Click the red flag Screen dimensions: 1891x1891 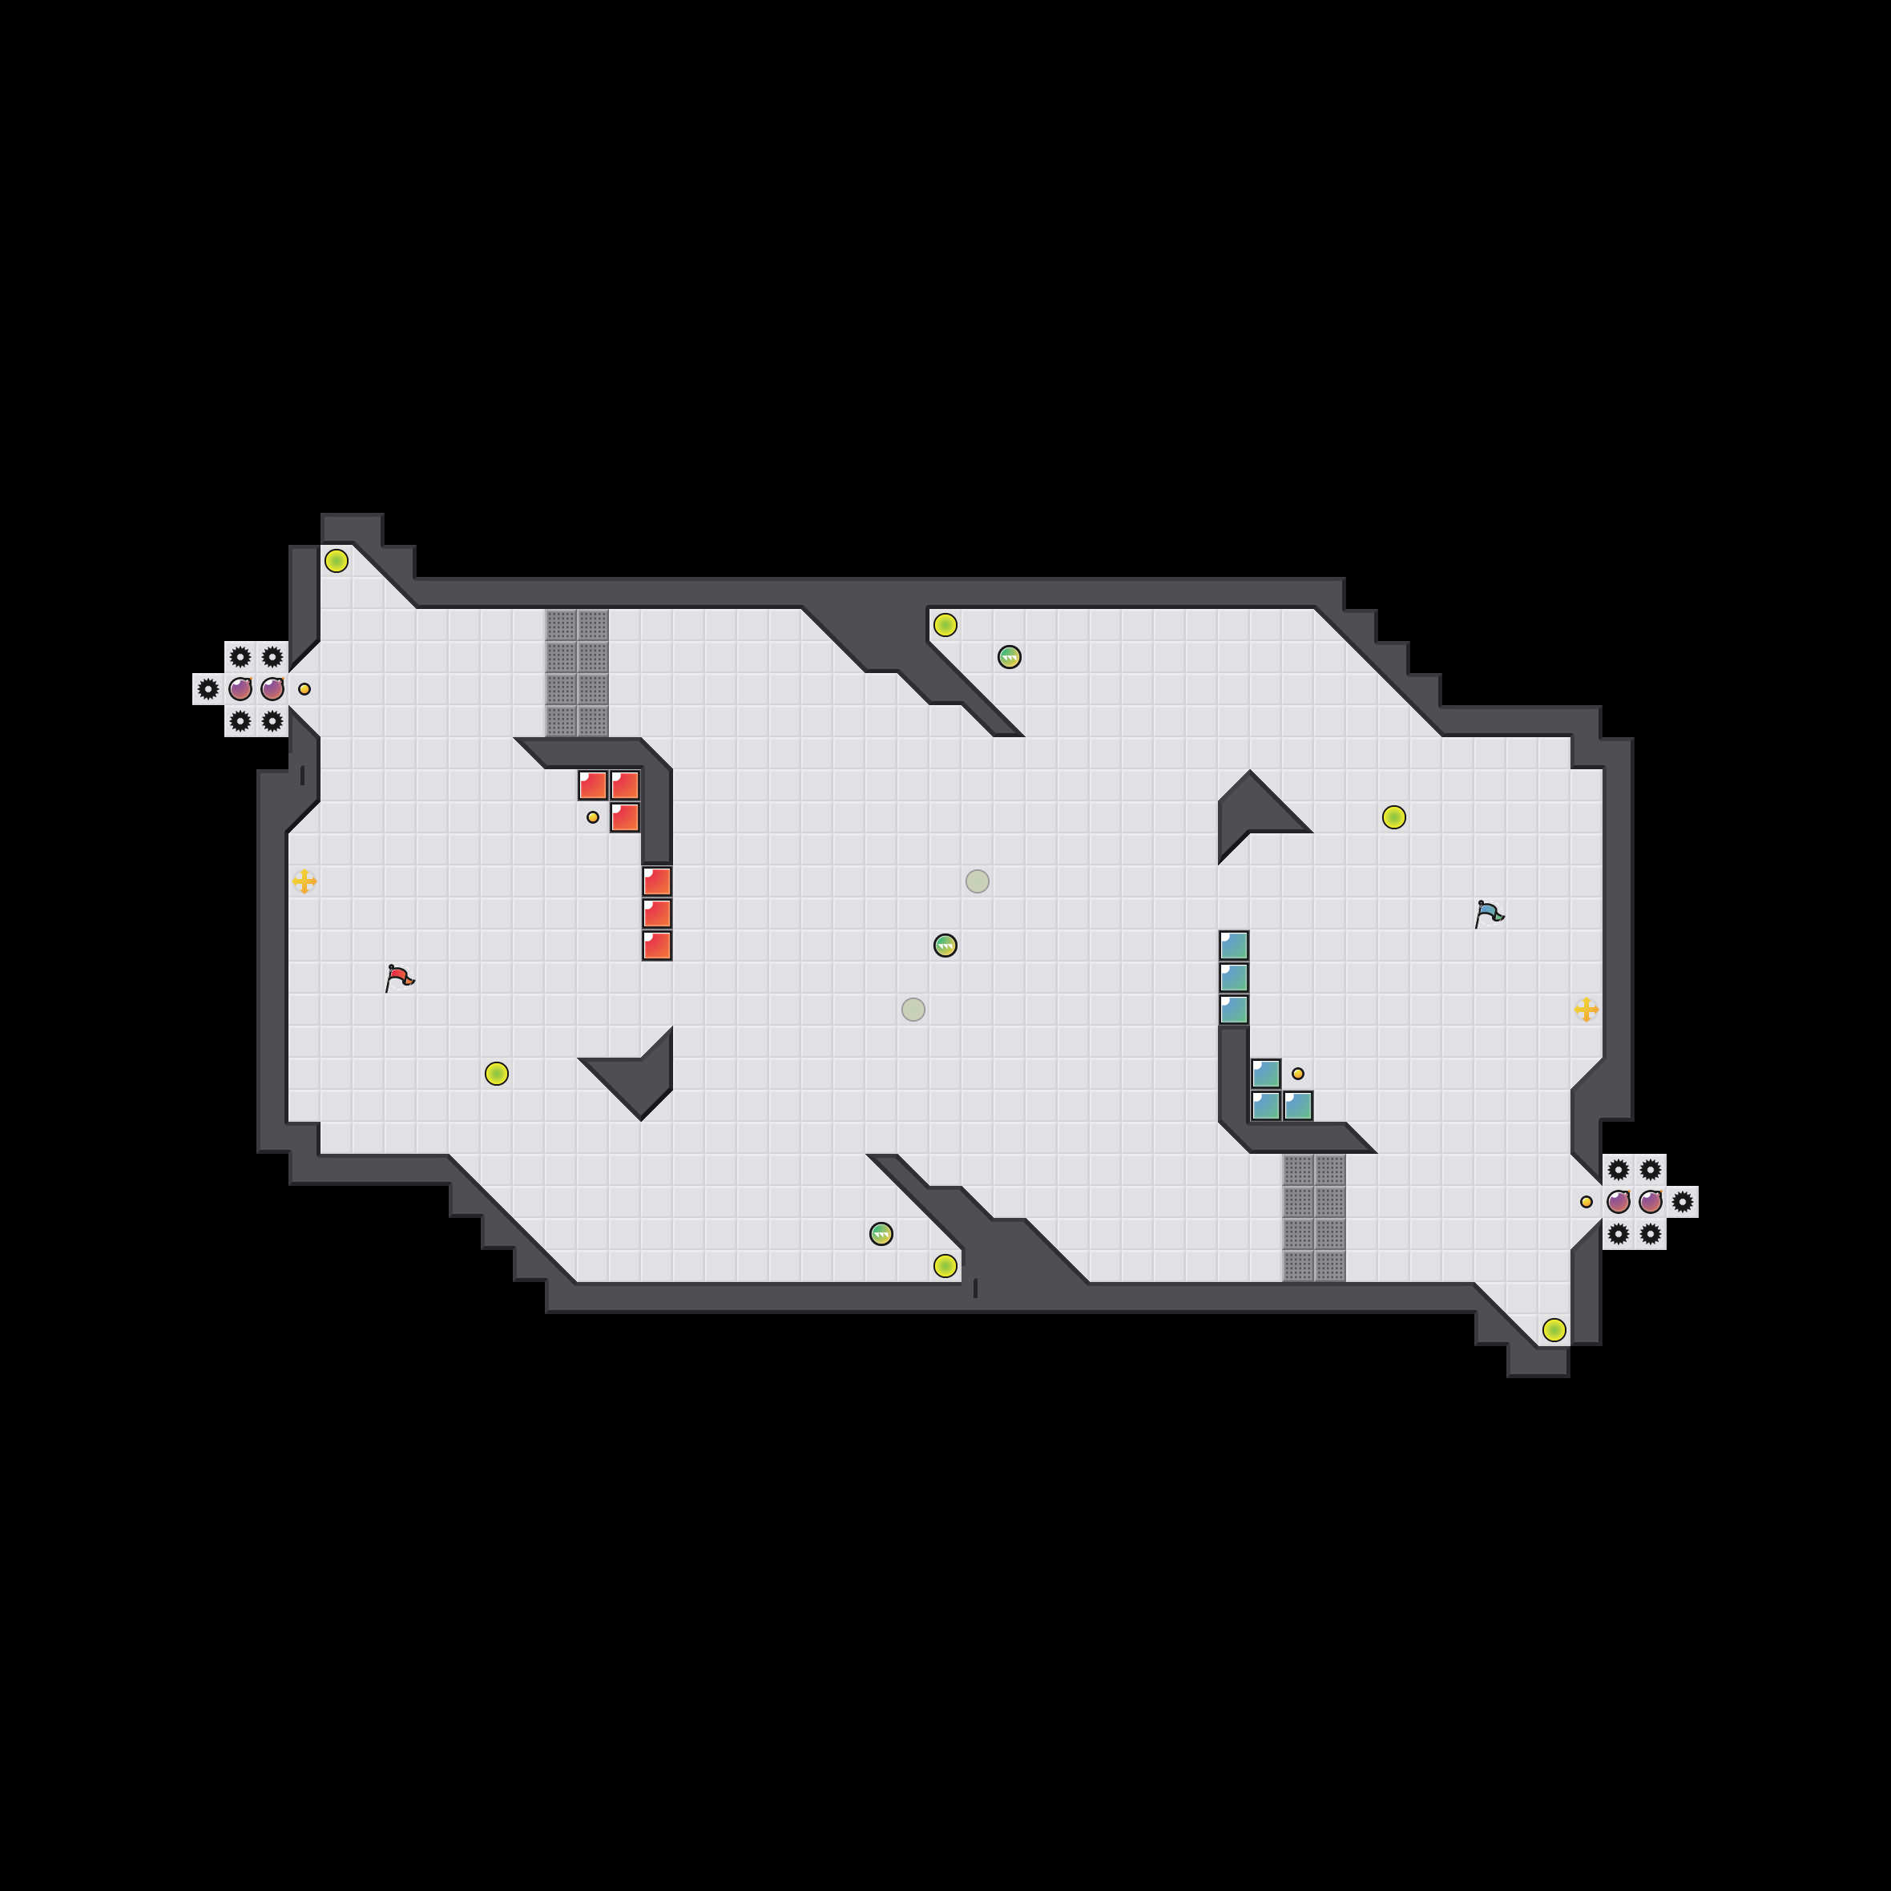click(398, 977)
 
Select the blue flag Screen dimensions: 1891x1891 click(1488, 913)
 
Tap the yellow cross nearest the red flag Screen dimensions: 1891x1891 click(304, 881)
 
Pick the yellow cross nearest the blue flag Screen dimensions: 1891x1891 click(1587, 1009)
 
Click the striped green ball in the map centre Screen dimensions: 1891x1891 click(945, 945)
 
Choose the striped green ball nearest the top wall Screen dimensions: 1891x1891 click(1009, 657)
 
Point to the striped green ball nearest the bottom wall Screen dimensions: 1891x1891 click(881, 1233)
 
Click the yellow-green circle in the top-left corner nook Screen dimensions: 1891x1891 click(336, 561)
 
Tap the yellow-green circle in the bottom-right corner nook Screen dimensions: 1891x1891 click(1554, 1329)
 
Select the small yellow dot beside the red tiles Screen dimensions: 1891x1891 click(592, 817)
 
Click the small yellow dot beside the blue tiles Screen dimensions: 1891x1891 click(1298, 1074)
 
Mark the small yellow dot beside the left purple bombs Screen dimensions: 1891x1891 click(304, 689)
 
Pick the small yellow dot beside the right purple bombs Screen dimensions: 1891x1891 click(1587, 1202)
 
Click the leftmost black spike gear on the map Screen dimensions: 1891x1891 click(208, 689)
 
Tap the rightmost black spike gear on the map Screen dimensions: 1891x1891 click(1683, 1202)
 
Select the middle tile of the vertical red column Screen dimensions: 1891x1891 click(657, 913)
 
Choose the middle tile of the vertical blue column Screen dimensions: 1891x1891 click(1233, 977)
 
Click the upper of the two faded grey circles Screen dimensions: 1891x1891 click(977, 881)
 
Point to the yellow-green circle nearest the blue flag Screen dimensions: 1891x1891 click(1393, 817)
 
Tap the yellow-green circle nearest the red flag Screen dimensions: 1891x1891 click(496, 1074)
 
